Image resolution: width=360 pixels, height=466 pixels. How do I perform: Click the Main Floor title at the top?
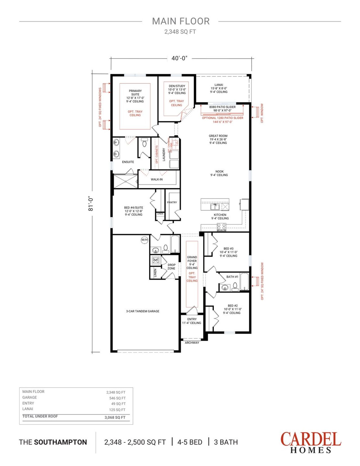click(x=181, y=21)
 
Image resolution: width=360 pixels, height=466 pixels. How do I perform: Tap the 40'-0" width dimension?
click(x=179, y=58)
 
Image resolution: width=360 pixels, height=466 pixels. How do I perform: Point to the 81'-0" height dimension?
click(x=91, y=203)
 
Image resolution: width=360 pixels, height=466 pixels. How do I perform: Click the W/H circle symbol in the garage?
click(x=144, y=240)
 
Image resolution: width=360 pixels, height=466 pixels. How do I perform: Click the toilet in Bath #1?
click(x=235, y=286)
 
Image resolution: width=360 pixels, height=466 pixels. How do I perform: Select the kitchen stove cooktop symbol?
click(x=221, y=227)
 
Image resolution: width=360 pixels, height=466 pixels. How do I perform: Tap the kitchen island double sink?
click(x=215, y=207)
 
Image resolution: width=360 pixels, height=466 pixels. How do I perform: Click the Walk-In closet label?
click(x=157, y=179)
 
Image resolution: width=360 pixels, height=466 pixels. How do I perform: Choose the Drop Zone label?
click(x=172, y=266)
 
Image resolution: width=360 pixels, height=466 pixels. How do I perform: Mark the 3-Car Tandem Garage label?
click(x=143, y=311)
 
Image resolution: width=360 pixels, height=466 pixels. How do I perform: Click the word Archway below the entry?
click(x=192, y=343)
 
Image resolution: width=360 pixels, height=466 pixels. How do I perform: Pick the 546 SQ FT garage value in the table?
click(x=117, y=398)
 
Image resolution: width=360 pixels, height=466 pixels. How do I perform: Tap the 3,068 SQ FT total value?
click(x=115, y=417)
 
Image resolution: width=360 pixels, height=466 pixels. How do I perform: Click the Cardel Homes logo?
click(x=310, y=442)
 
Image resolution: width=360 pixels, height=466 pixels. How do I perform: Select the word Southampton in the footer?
click(x=60, y=442)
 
